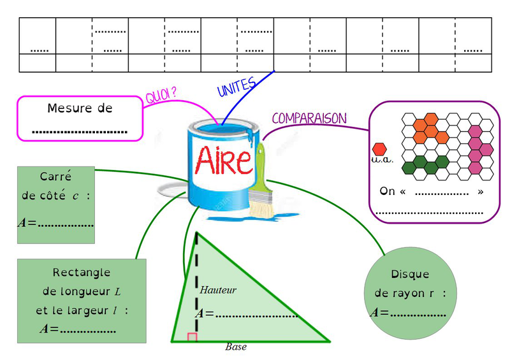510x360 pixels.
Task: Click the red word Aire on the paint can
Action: click(224, 160)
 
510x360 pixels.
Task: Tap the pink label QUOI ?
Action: click(161, 96)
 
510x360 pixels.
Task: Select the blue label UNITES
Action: click(236, 87)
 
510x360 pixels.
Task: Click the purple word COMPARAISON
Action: click(309, 119)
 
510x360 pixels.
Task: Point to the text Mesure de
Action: click(80, 108)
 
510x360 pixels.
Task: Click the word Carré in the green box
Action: click(55, 176)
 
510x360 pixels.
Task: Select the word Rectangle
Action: click(82, 273)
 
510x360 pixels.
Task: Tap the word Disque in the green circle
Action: click(410, 275)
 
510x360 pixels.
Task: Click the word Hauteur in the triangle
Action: click(218, 290)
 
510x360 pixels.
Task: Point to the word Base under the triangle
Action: click(236, 347)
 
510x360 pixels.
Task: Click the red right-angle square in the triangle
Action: click(192, 337)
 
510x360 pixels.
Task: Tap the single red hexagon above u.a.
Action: click(379, 148)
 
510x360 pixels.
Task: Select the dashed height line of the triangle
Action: click(196, 280)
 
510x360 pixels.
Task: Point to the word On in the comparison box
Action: click(387, 191)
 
